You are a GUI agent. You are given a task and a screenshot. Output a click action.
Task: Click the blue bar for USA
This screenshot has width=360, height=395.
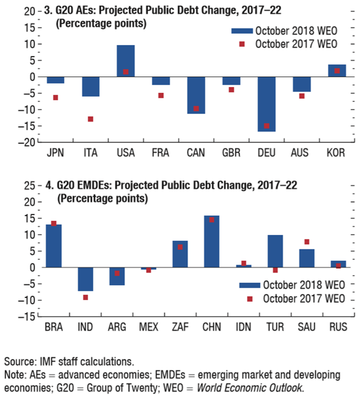125,61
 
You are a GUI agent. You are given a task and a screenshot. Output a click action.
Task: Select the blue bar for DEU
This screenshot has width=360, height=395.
267,104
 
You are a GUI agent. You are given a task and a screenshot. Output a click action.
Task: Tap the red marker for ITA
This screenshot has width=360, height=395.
91,119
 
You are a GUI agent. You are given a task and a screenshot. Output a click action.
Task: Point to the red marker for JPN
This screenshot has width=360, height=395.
55,98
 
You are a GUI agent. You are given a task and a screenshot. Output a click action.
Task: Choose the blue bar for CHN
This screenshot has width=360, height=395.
211,242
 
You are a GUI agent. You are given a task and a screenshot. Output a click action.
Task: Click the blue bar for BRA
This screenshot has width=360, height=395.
54,246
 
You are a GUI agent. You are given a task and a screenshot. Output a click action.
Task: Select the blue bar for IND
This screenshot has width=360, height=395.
85,279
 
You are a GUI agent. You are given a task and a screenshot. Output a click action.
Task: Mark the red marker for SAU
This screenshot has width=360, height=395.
307,242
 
